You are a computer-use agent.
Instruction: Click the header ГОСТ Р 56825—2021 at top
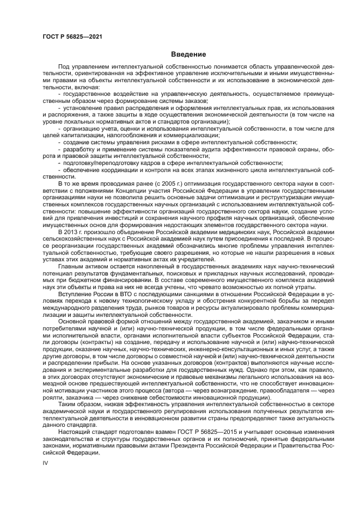(x=72, y=36)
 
